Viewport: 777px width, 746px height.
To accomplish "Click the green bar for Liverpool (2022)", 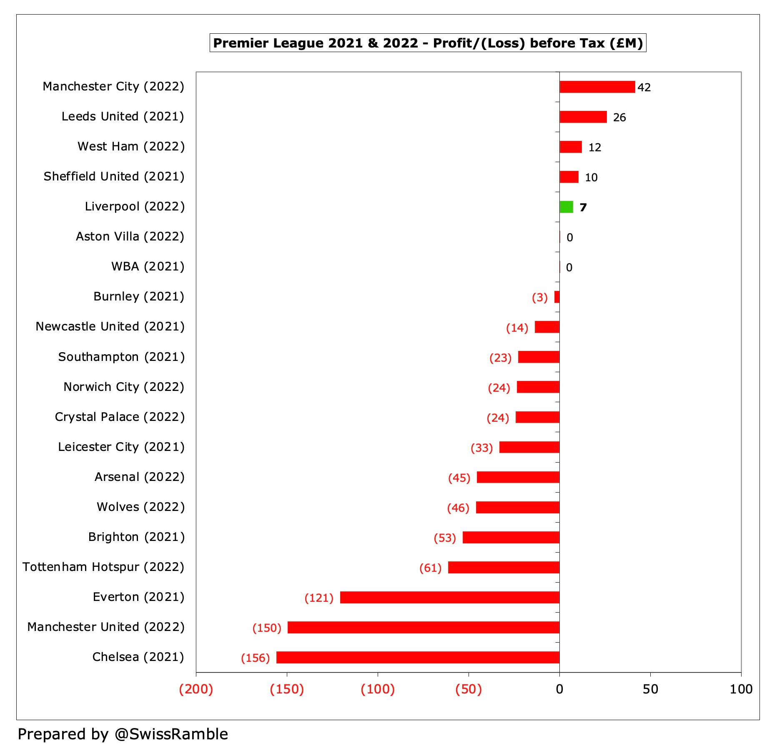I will [566, 207].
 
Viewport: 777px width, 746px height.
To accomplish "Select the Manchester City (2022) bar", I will [597, 87].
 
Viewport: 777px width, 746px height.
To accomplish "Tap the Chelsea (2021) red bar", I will [418, 657].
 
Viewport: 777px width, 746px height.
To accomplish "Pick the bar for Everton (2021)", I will [449, 597].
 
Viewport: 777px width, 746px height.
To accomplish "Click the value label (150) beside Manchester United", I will [267, 628].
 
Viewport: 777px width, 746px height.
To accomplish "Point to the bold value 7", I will [583, 208].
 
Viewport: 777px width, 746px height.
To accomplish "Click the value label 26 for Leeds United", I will [619, 118].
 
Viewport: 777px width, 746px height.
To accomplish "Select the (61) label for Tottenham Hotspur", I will [430, 568].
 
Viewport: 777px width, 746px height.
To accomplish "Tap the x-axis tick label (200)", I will [196, 689].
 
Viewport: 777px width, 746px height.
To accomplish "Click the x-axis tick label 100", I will [741, 689].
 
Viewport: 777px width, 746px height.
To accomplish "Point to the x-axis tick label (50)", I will [468, 689].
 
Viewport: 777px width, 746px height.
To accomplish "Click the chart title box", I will [428, 43].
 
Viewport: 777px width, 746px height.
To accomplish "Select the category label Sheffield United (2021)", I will [114, 176].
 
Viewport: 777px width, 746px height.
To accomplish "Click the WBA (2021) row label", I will [148, 266].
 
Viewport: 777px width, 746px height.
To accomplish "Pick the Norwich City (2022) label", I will [124, 387].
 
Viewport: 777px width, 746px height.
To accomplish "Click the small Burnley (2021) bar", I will [557, 297].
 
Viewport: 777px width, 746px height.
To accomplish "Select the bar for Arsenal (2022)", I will [518, 477].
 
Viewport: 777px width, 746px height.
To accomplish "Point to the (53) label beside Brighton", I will [445, 538].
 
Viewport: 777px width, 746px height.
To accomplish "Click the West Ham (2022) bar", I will [570, 147].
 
